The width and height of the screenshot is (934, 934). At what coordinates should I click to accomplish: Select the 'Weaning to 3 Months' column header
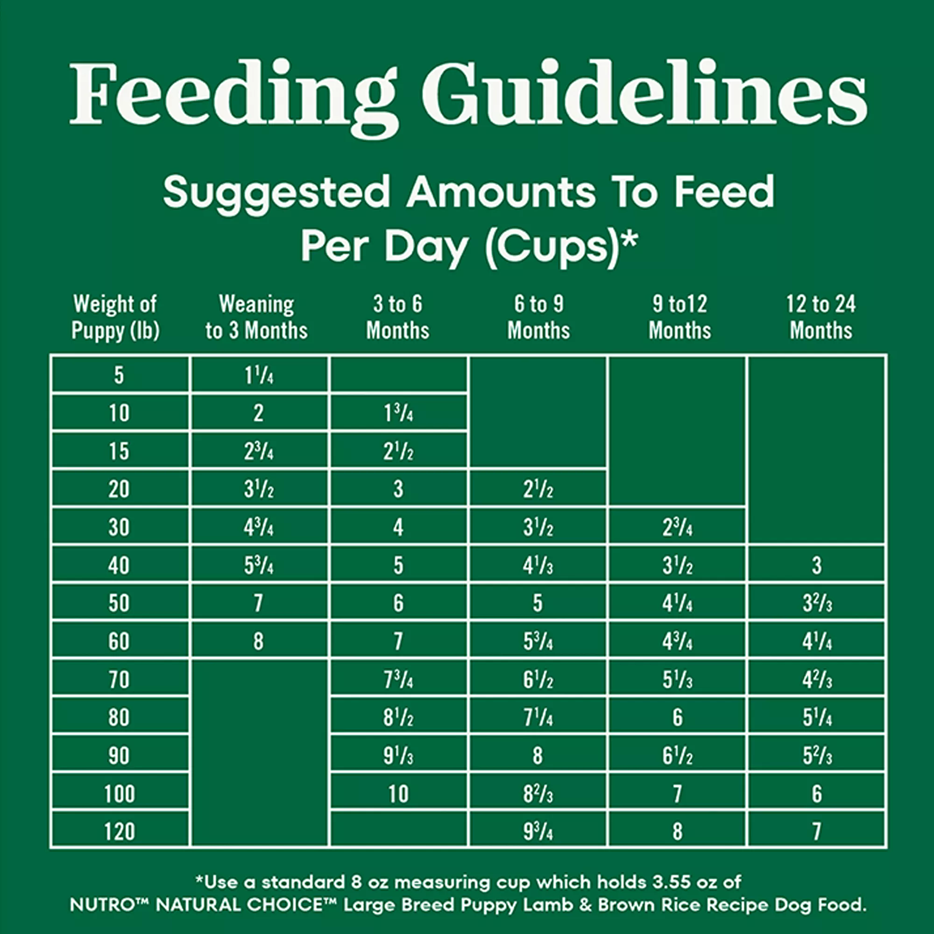click(x=256, y=317)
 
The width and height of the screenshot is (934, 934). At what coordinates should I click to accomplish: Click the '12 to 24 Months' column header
click(x=821, y=317)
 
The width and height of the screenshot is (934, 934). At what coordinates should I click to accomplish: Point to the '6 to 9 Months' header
click(x=538, y=317)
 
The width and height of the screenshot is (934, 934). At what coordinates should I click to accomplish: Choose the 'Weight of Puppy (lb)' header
click(x=115, y=317)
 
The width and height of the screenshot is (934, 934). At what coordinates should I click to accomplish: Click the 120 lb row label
click(x=120, y=832)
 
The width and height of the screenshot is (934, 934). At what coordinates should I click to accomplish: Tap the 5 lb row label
click(x=119, y=375)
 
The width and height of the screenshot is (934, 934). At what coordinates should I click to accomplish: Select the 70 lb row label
click(x=120, y=679)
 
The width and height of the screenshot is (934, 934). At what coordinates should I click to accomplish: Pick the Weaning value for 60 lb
click(x=259, y=642)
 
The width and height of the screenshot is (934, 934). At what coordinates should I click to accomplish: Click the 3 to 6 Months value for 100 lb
click(x=398, y=794)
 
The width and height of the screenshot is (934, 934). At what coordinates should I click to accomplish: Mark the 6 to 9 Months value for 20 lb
click(x=538, y=489)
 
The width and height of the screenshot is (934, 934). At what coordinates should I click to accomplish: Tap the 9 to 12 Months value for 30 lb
click(x=677, y=527)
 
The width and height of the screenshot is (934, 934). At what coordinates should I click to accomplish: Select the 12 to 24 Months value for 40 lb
click(x=816, y=565)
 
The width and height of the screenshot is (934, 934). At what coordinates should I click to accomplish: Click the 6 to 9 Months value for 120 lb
click(x=538, y=832)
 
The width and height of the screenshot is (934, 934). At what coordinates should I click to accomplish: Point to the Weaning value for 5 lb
click(x=259, y=375)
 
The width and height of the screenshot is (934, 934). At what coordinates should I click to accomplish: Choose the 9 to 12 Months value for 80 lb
click(x=677, y=717)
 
